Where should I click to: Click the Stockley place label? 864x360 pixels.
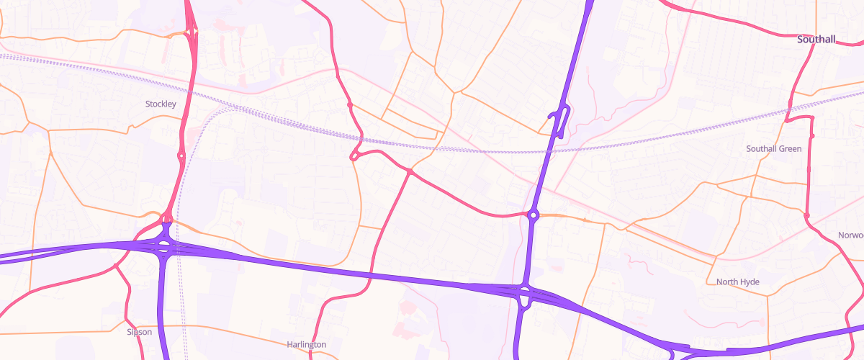161,104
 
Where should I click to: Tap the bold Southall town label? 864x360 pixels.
816,40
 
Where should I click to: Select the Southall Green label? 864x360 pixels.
773,149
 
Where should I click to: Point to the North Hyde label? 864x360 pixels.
738,282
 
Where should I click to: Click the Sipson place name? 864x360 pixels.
139,332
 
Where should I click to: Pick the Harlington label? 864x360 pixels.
306,345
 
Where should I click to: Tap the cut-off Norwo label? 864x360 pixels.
850,236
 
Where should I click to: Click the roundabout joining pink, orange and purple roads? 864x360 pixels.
534,215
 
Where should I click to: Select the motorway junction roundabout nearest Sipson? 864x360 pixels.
164,247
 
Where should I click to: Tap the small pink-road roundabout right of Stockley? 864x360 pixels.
181,156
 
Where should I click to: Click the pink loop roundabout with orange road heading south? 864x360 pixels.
354,156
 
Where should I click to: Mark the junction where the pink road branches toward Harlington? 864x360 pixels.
409,172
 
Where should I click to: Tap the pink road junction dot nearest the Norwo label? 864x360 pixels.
806,215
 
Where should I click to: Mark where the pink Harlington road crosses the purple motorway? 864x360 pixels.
371,275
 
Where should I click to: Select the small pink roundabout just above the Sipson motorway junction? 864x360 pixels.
166,217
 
